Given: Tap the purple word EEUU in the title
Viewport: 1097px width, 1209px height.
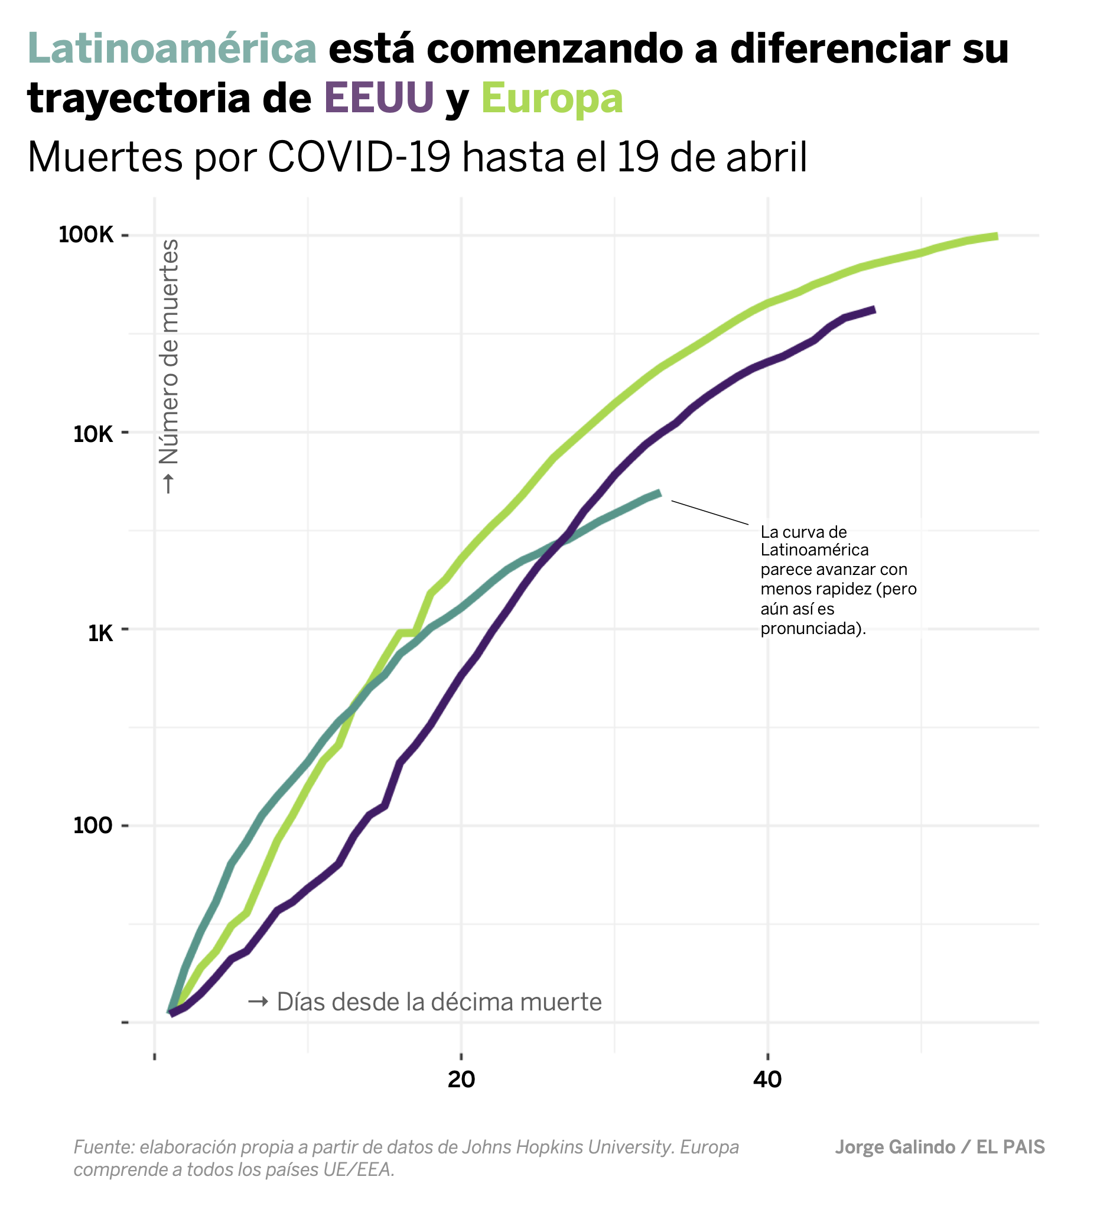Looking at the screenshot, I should (x=379, y=98).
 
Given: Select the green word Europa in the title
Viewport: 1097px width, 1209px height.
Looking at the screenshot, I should (x=552, y=98).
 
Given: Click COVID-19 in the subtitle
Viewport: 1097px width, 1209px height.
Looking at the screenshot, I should (x=359, y=158).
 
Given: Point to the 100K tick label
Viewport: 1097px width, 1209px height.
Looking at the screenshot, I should (x=86, y=235).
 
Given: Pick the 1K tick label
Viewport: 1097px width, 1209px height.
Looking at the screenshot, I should (x=100, y=633).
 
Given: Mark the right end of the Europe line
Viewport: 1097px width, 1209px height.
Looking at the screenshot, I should (x=997, y=236).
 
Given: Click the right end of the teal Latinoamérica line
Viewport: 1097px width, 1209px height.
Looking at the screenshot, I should (x=659, y=493).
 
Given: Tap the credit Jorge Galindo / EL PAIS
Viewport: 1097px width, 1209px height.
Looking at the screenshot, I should (x=939, y=1147).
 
